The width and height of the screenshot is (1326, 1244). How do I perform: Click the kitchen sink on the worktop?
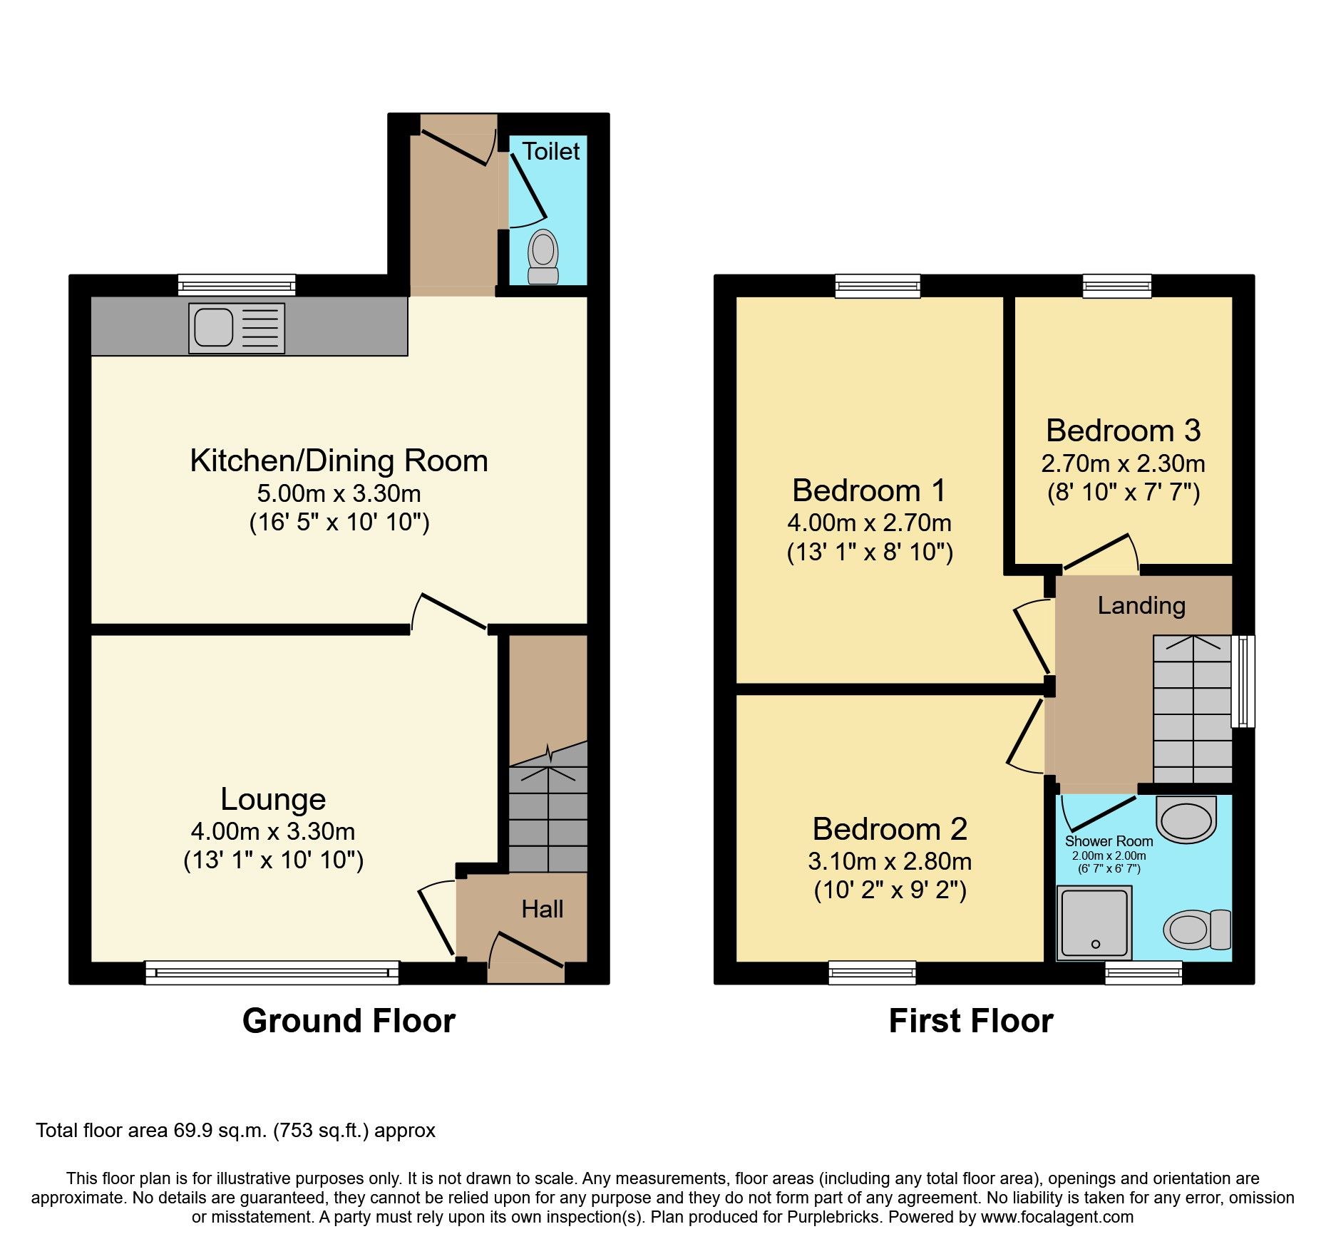(236, 328)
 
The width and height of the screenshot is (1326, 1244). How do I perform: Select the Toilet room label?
(550, 151)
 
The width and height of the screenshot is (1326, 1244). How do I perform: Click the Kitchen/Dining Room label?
(339, 461)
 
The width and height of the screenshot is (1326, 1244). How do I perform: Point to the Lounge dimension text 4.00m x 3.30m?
(273, 831)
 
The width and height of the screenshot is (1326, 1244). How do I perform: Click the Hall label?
(542, 909)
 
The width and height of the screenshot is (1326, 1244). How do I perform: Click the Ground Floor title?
(349, 1021)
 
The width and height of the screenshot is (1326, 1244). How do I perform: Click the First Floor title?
(970, 1021)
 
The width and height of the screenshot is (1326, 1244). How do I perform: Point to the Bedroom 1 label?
(869, 490)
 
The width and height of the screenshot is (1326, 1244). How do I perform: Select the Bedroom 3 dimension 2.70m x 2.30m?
(1123, 464)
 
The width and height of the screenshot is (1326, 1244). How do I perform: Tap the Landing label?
(1141, 605)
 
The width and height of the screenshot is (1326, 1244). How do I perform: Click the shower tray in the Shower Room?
(1094, 922)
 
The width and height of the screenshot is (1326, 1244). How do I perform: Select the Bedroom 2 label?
(890, 829)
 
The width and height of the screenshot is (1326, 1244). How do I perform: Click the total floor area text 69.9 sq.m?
(235, 1131)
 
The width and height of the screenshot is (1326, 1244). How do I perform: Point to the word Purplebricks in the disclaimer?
(833, 1217)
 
